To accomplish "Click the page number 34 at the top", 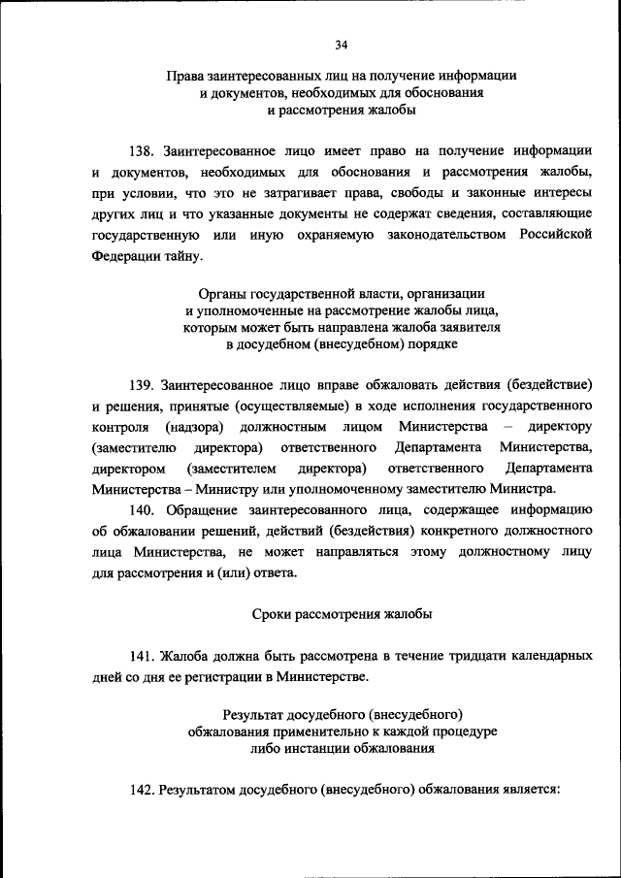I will pyautogui.click(x=341, y=45).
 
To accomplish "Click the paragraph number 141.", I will pyautogui.click(x=143, y=656).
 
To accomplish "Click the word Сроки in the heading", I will pyautogui.click(x=272, y=613).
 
